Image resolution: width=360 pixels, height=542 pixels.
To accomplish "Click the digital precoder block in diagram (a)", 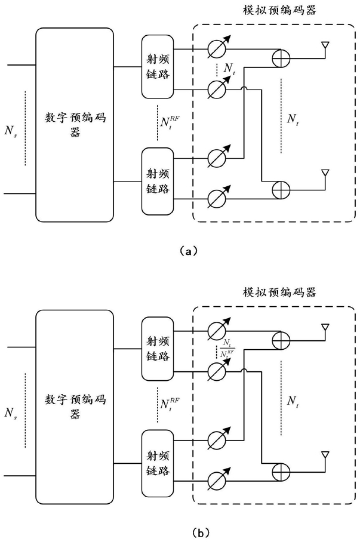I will click(75, 124).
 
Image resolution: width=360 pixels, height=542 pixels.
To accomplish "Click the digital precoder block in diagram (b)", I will click(75, 406).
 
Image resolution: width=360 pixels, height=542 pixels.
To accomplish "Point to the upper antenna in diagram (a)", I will click(325, 46).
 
